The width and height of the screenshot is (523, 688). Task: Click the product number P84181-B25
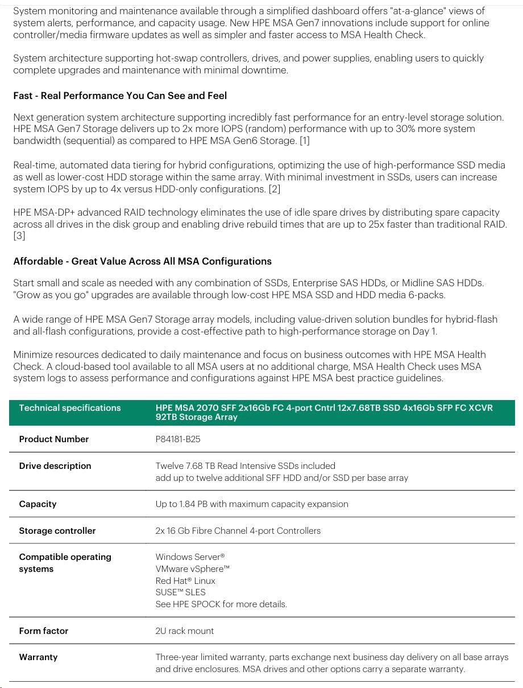tap(178, 439)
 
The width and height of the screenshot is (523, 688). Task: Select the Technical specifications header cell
tap(70, 408)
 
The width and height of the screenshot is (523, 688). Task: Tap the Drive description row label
tap(55, 466)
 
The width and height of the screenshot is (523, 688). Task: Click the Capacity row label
tap(38, 504)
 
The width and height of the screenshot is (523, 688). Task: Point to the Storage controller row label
tap(57, 531)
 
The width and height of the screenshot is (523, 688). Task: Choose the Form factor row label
tap(44, 631)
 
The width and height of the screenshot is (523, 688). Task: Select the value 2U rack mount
tap(185, 631)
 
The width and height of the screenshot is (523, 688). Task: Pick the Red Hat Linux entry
tap(185, 581)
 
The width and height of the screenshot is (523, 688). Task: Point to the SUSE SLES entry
tap(181, 592)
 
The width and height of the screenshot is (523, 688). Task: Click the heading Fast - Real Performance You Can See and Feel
tap(120, 96)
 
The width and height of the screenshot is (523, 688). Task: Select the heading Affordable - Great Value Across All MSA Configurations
tap(142, 262)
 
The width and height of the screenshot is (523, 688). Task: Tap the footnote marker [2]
tap(274, 189)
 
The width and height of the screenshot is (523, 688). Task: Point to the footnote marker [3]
tap(19, 236)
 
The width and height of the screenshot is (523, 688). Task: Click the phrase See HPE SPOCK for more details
tap(221, 604)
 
